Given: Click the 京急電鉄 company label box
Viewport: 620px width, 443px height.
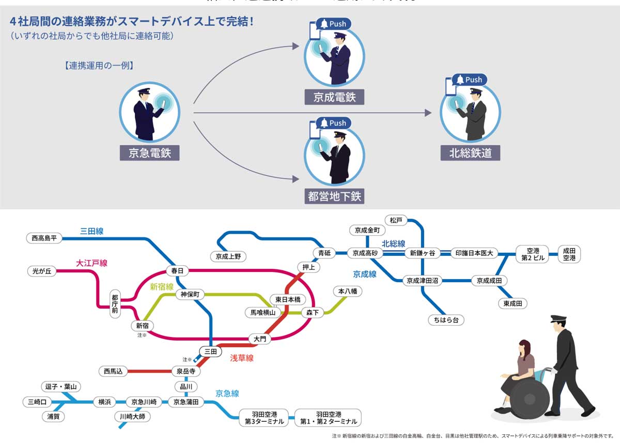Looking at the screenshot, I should coord(150,153).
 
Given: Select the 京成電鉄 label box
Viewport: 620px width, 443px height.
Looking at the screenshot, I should coord(334,97).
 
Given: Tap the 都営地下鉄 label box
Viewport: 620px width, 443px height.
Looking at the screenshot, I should coord(334,196).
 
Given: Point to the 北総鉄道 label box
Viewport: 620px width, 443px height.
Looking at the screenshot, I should coord(470,153).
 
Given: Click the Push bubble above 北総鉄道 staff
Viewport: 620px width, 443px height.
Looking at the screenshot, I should coord(469,80).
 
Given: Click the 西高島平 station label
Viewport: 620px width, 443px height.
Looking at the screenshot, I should coord(44,238).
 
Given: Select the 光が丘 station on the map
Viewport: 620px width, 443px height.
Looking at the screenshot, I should coord(42,271).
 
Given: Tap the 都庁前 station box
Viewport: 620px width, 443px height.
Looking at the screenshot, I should coord(115,304).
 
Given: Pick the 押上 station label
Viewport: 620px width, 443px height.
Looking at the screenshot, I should coord(309,267).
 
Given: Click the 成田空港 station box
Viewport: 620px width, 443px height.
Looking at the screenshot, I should coord(569,254).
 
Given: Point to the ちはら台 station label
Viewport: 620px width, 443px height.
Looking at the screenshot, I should coord(446,320).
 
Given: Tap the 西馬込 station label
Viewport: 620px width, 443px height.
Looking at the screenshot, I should coord(113,371).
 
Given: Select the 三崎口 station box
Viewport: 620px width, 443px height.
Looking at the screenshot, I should coord(37,402).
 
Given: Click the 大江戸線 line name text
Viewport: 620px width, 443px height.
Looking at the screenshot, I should coord(91,263).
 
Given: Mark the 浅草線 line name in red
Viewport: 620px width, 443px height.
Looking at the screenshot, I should coord(241,358).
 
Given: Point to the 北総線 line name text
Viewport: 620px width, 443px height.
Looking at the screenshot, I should coord(393,243).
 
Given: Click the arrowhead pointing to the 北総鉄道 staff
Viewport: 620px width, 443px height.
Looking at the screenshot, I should coord(428,113).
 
